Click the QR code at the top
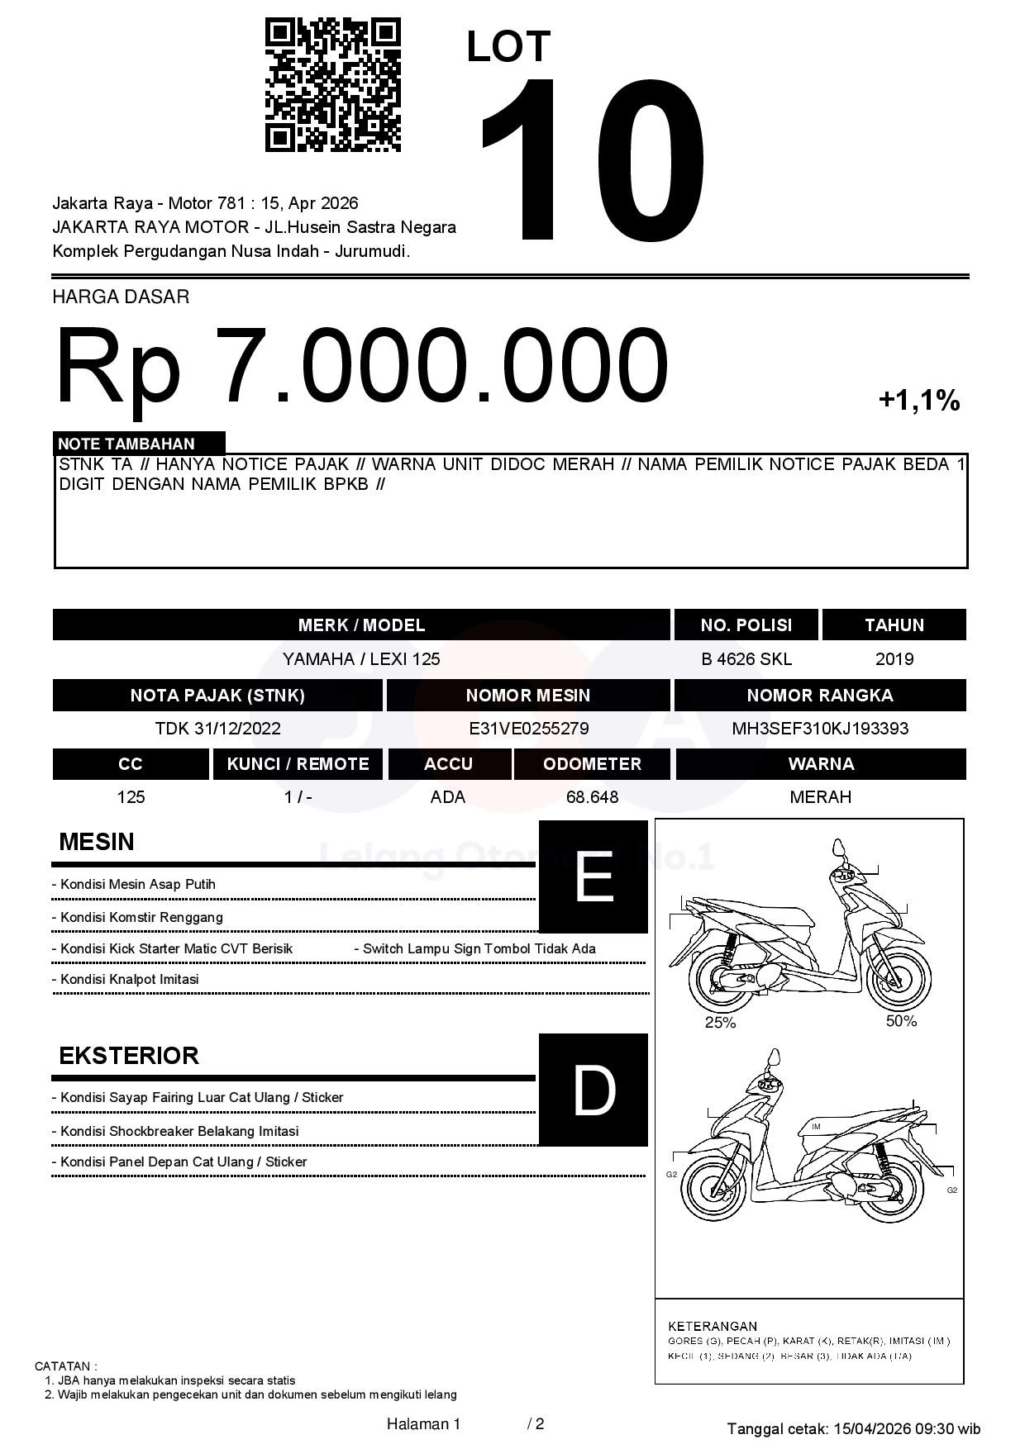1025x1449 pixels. click(x=332, y=86)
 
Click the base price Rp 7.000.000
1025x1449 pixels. click(x=361, y=365)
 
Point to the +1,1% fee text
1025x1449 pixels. click(x=918, y=401)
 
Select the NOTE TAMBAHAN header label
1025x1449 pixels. click(x=126, y=444)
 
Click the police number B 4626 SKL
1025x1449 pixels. click(x=746, y=659)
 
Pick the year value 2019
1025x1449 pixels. click(x=894, y=659)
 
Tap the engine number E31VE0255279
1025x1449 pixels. click(x=528, y=729)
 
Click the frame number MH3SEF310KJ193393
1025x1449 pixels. click(x=819, y=729)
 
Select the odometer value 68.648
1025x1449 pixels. click(x=592, y=797)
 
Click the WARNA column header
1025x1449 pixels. click(x=820, y=764)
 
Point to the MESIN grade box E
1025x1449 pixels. click(x=593, y=877)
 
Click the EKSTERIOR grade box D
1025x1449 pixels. click(x=593, y=1090)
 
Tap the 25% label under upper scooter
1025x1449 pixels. click(x=720, y=1023)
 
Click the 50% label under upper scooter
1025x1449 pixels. click(x=901, y=1021)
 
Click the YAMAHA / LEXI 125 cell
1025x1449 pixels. click(x=361, y=659)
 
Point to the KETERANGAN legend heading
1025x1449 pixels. click(x=712, y=1326)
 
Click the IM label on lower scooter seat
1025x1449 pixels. click(x=816, y=1127)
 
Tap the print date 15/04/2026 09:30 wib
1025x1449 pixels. click(x=907, y=1428)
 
